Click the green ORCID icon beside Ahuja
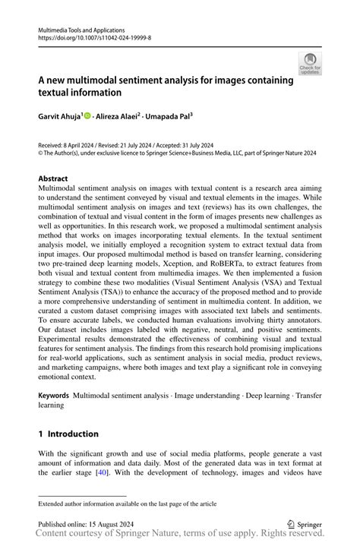[88, 116]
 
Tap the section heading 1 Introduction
[68, 434]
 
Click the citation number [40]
[99, 472]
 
